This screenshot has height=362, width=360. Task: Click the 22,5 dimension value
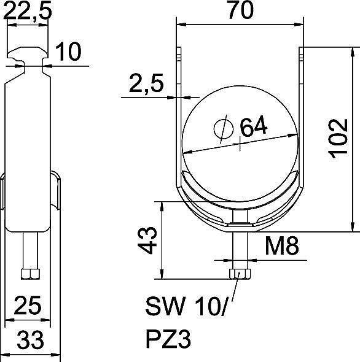click(27, 10)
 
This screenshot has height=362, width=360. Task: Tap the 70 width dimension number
click(241, 10)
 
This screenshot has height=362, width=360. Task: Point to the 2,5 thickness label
click(146, 83)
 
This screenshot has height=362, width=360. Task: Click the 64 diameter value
click(254, 126)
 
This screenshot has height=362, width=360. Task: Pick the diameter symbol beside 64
click(224, 129)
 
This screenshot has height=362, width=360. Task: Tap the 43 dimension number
click(147, 240)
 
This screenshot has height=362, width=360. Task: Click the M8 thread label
click(282, 245)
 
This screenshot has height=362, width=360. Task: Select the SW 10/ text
click(187, 306)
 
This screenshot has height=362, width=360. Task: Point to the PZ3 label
click(168, 339)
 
